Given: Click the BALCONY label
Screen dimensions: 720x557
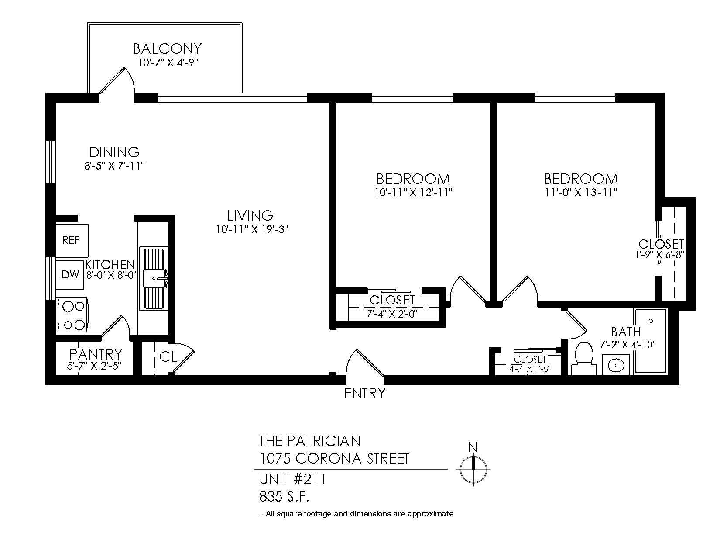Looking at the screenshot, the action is coord(167,49).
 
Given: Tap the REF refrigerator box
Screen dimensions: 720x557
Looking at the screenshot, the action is coord(72,240).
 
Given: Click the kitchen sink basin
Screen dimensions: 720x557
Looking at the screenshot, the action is coord(154,278).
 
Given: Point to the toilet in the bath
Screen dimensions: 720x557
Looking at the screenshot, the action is coord(584,359).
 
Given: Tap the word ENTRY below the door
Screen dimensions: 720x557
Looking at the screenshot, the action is coord(365,394).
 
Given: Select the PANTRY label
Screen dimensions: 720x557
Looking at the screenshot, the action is coord(96,354).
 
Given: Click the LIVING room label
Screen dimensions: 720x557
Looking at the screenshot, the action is coord(250,216).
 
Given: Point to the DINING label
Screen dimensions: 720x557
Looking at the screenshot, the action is coord(114,152).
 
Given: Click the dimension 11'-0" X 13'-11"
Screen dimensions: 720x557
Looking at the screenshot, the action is coord(581,192).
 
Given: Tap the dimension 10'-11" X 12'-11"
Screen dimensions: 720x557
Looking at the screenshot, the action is coord(414,192).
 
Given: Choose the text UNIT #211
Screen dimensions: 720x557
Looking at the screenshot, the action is coord(292,479).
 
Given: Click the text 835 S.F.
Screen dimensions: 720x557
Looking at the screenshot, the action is coord(284,497).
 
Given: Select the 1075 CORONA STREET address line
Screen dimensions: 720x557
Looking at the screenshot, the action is coord(334,458).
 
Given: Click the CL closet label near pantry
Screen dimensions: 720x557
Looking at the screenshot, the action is coord(168,357).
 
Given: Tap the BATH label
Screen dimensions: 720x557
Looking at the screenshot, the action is coord(626,332).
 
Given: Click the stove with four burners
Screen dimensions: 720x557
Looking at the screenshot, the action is coord(72,315).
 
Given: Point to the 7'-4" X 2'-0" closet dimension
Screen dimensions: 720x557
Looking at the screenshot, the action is coord(392,314).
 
